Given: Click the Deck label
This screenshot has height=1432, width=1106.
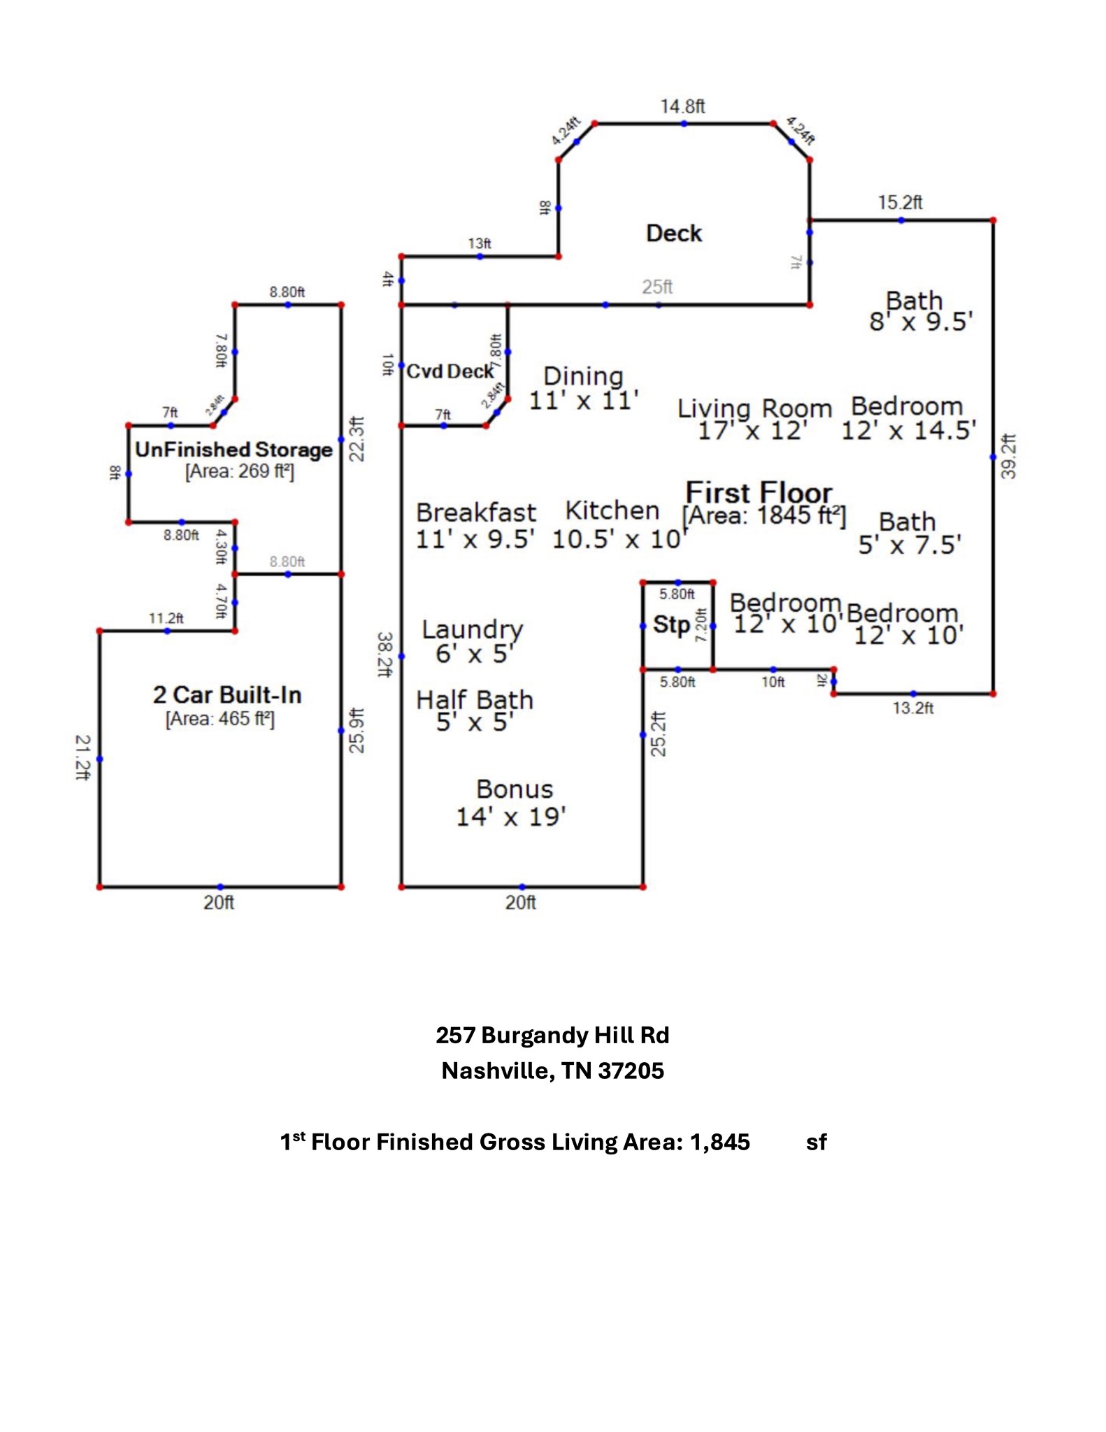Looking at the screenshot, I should pyautogui.click(x=673, y=234).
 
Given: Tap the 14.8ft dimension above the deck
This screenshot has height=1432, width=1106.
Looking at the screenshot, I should pyautogui.click(x=682, y=106).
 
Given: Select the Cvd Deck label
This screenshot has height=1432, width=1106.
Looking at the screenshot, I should pyautogui.click(x=450, y=371).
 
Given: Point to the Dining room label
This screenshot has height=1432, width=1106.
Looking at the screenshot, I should pyautogui.click(x=583, y=377).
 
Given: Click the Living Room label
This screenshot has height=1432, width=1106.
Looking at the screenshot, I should pyautogui.click(x=754, y=409).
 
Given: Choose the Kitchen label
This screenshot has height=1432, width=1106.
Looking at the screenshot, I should pyautogui.click(x=612, y=511).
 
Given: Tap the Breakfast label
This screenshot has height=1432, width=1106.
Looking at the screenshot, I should pyautogui.click(x=476, y=513).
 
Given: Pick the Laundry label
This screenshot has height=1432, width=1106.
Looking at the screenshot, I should pyautogui.click(x=472, y=630).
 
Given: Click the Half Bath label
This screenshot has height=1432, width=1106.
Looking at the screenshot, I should pyautogui.click(x=475, y=700).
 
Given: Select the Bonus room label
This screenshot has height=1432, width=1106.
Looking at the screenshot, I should pyautogui.click(x=515, y=789).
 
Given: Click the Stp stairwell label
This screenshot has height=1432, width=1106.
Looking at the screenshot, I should pyautogui.click(x=671, y=624).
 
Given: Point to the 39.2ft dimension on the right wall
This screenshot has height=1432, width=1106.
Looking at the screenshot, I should pyautogui.click(x=1009, y=457).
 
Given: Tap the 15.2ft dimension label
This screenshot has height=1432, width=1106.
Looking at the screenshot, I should pyautogui.click(x=900, y=203).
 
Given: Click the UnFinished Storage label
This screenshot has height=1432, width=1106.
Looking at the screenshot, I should pyautogui.click(x=234, y=450).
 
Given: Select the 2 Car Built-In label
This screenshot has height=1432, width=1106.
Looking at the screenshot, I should pyautogui.click(x=227, y=695).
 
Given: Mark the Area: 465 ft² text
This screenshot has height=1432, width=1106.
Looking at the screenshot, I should pyautogui.click(x=220, y=719).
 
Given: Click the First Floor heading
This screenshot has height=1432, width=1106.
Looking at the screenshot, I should pyautogui.click(x=759, y=493).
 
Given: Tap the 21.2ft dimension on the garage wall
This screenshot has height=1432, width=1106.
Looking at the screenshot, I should pyautogui.click(x=82, y=757).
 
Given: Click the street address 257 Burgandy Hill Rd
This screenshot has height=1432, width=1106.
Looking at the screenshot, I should pyautogui.click(x=552, y=1035).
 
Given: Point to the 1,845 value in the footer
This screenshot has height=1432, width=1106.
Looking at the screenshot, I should pyautogui.click(x=719, y=1142).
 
